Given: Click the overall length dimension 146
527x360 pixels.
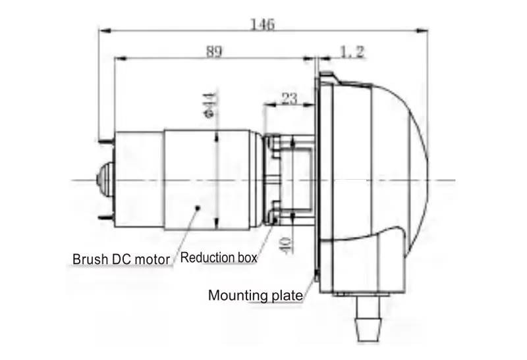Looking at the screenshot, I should tap(262, 24).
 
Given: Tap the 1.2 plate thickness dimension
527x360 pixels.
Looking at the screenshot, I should tap(352, 52).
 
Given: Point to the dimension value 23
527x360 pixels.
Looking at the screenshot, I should tap(289, 99).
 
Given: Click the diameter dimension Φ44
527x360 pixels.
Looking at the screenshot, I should tap(209, 105).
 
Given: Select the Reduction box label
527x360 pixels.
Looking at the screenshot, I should tap(219, 257).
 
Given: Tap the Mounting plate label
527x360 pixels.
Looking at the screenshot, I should tap(256, 295).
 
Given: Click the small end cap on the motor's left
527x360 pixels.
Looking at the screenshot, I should tap(103, 179).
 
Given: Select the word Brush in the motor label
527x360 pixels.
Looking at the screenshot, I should tap(88, 259).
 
